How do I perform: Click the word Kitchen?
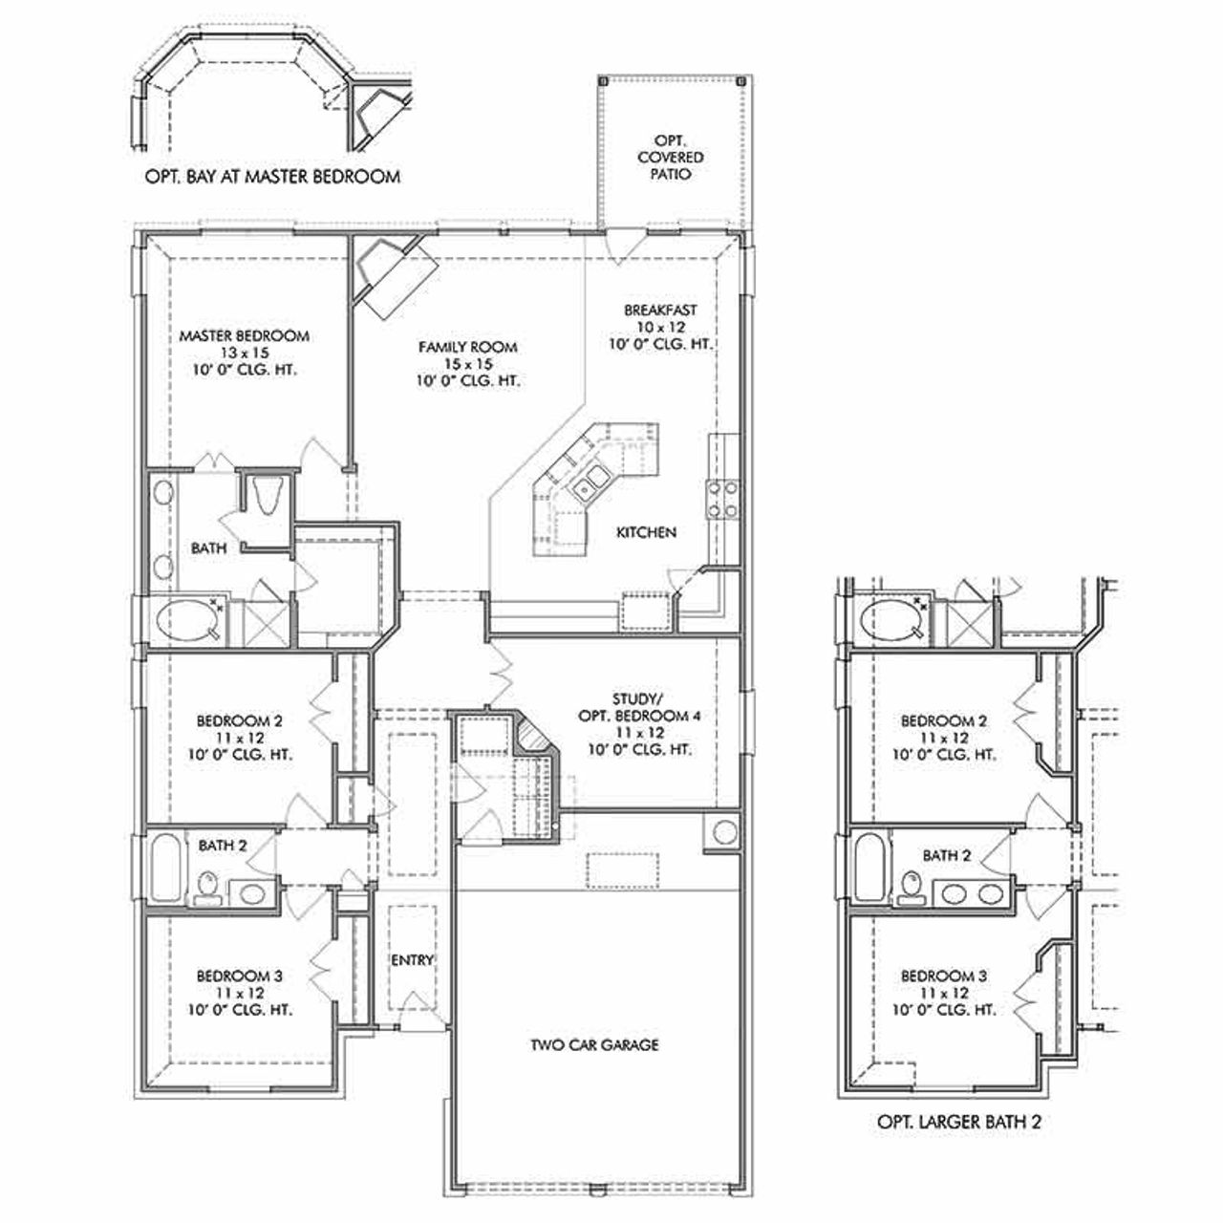point(646,532)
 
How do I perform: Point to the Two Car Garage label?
point(594,1044)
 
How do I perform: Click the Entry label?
point(413,960)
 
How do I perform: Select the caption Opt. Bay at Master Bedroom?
point(271,177)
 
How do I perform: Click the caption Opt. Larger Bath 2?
point(958,1122)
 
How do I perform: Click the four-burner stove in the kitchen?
point(721,498)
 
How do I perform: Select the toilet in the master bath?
point(265,495)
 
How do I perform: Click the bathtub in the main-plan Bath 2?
point(165,868)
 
